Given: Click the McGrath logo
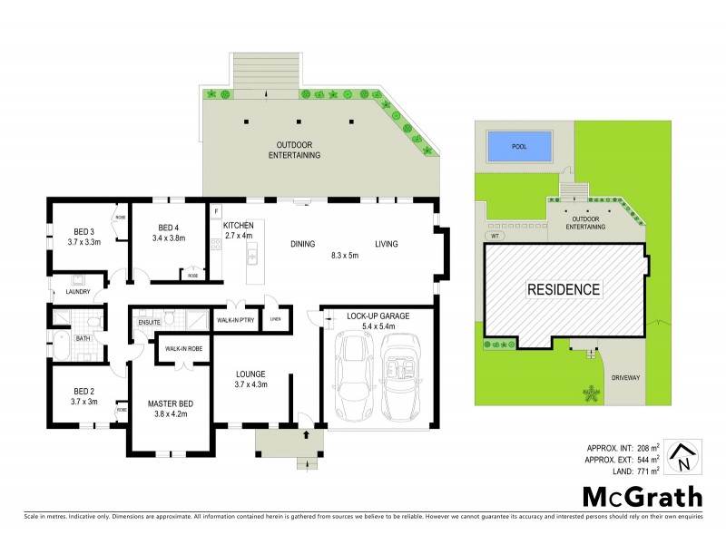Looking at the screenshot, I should [642, 496].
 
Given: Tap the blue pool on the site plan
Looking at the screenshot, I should [520, 145].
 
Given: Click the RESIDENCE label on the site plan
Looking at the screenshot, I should [564, 290].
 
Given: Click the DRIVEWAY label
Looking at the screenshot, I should [625, 375].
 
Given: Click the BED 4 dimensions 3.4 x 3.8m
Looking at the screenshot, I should [171, 239].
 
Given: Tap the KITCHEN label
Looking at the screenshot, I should [238, 224].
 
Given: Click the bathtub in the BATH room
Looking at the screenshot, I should [62, 345].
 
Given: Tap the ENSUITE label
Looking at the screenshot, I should [149, 321].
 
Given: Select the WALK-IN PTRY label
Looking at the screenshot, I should [235, 320].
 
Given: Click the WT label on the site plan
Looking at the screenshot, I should [495, 236].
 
